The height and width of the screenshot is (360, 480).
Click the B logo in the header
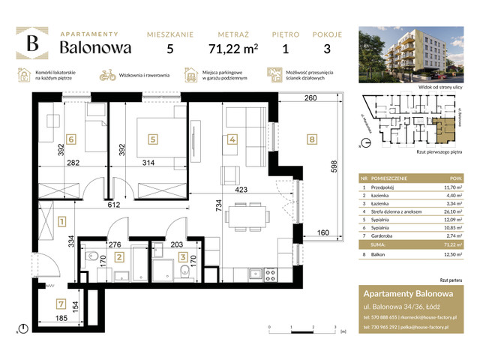coord(34,44)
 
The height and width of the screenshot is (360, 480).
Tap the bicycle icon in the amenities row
coord(107,75)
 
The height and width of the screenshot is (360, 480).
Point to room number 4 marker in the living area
coord(232,139)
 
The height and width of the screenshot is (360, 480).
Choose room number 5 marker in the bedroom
coord(153,139)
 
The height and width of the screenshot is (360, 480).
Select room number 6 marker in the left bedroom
coord(70,139)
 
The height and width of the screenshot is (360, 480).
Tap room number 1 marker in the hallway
coord(61,221)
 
